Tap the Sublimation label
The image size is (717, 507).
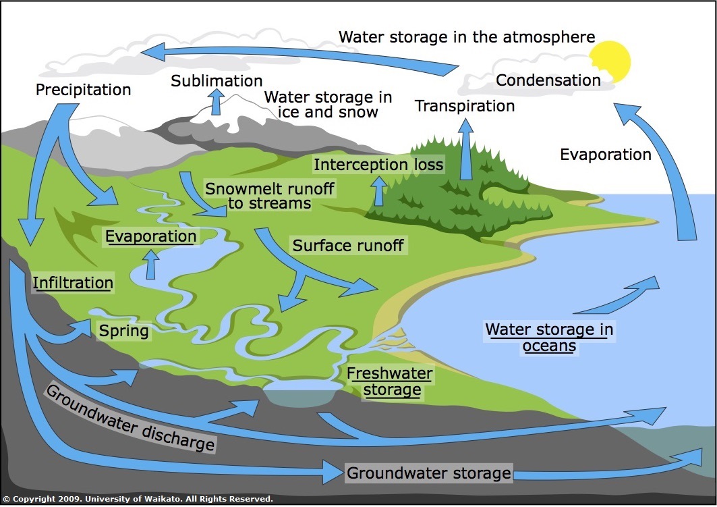coord(217,80)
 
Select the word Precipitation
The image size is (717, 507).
coord(83,90)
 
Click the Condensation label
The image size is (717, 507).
coord(548,80)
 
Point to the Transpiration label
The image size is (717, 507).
coord(465,106)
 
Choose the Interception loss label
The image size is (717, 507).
coord(378,165)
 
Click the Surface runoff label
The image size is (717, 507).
coord(348,246)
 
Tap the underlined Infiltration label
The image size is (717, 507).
coord(73,283)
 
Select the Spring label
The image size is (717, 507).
coord(124,331)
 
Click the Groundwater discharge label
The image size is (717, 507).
coord(130,417)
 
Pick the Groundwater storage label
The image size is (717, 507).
coord(428,473)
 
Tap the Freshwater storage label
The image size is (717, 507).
coord(390,381)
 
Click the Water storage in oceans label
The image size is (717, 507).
coord(549,338)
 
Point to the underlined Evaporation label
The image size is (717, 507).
coord(151,236)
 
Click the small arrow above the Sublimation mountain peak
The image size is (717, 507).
coord(216,101)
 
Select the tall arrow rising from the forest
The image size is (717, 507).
coord(466,149)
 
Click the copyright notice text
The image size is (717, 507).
coord(138,499)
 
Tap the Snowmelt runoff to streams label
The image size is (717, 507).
coord(269,196)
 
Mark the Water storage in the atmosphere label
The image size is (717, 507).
coord(467,37)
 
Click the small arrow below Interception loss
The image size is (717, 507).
coord(378,191)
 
